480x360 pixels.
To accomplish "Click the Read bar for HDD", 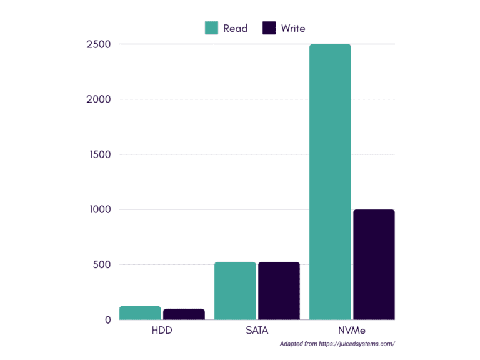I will click(x=140, y=312).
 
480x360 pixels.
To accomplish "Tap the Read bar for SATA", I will click(x=235, y=291).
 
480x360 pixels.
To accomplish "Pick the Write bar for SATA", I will click(x=279, y=291).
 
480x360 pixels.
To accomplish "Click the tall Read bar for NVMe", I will click(x=330, y=181).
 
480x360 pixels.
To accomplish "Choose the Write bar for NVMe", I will click(x=374, y=264).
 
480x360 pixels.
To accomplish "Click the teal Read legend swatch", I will click(x=211, y=28).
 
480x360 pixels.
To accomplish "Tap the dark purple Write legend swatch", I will click(x=269, y=28).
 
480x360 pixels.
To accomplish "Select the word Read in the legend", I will click(x=235, y=28).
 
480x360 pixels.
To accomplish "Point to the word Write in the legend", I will click(x=293, y=28).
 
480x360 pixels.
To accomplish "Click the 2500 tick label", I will click(x=99, y=44).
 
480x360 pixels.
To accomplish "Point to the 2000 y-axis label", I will click(x=99, y=99).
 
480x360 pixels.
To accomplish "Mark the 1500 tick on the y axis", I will click(x=99, y=154).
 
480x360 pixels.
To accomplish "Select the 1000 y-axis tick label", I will click(x=99, y=209).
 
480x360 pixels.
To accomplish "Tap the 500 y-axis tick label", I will click(x=101, y=264).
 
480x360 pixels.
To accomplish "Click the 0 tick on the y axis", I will click(x=107, y=319).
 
